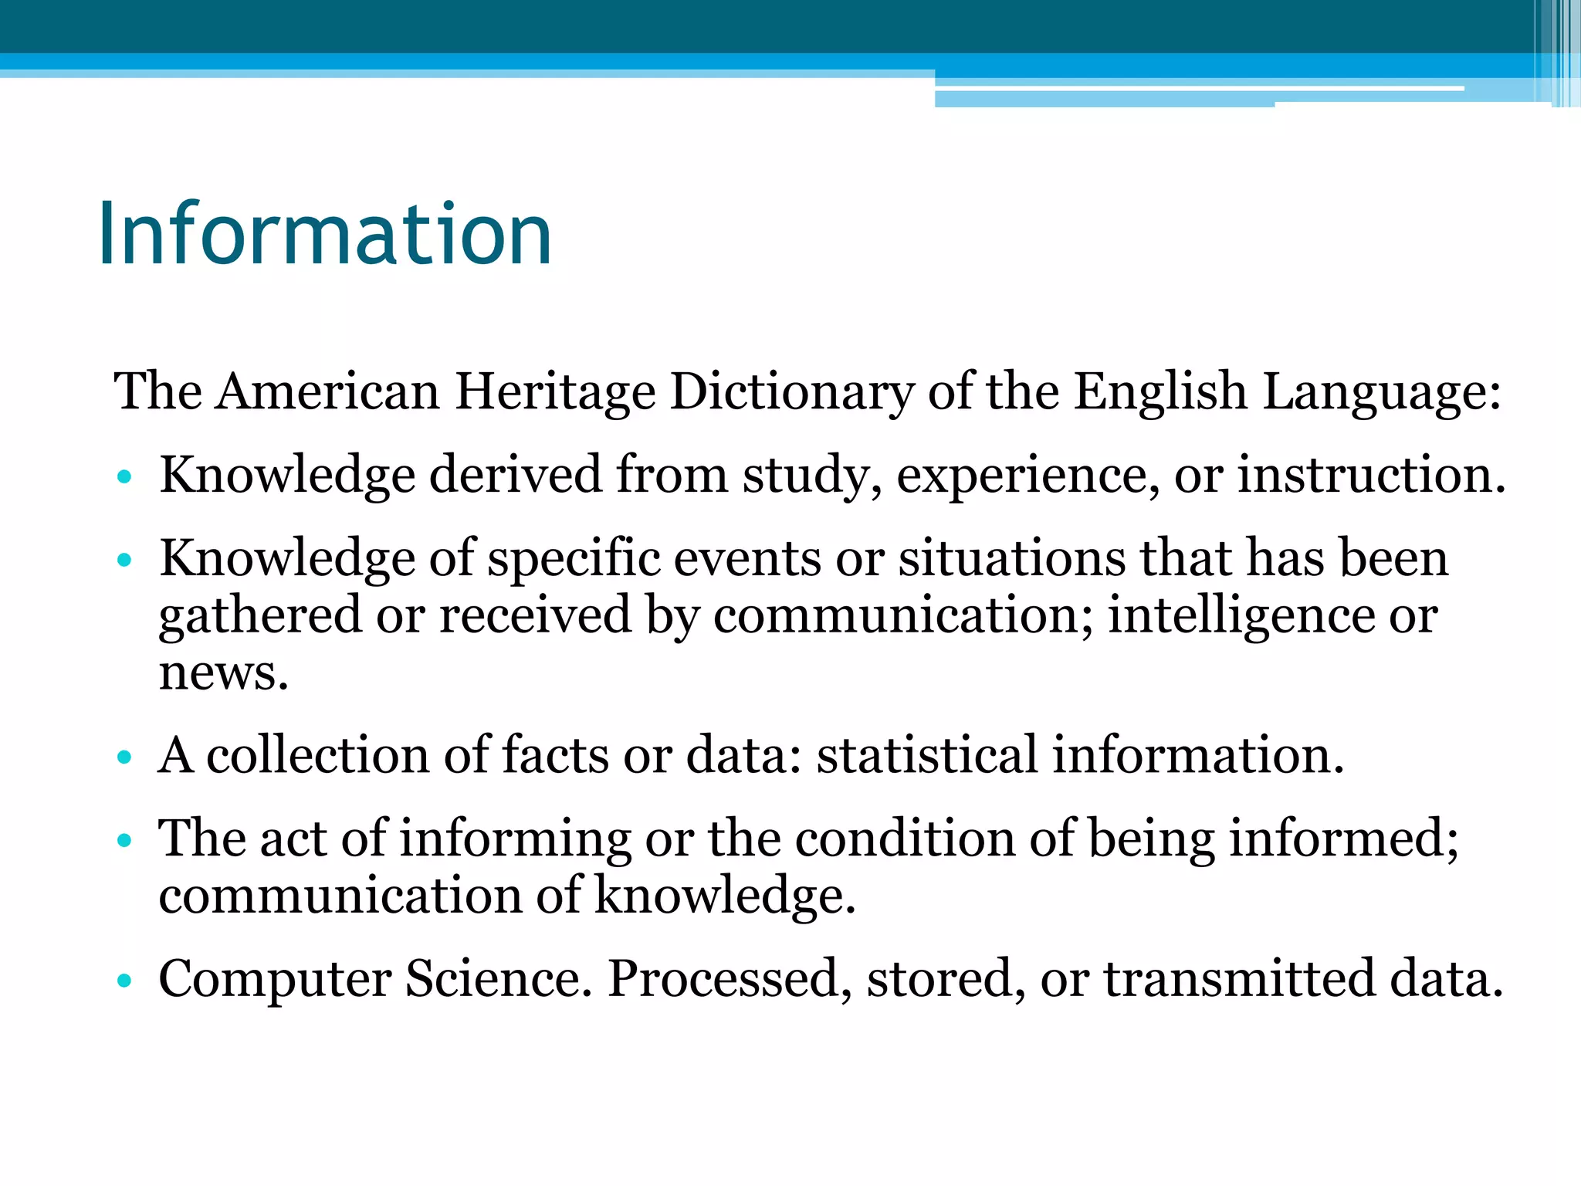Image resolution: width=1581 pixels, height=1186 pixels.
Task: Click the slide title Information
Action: tap(324, 234)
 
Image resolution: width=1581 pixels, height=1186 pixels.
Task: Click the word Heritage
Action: tap(555, 391)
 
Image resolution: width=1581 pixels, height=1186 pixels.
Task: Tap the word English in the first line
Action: tap(1160, 391)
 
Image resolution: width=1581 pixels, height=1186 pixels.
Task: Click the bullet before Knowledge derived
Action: tap(124, 476)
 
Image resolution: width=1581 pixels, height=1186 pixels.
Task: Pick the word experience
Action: tap(1027, 475)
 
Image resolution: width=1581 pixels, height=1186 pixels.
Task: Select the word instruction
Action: tap(1371, 475)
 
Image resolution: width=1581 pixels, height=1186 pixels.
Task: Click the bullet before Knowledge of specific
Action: tap(124, 560)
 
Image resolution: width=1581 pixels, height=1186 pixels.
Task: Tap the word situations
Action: tap(1012, 557)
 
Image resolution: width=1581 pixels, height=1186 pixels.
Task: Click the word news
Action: tap(223, 673)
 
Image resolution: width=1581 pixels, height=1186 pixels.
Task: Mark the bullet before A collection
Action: tap(124, 757)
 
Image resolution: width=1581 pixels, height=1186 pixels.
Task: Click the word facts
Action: tap(555, 754)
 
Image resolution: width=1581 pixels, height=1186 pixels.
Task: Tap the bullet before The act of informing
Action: tap(124, 840)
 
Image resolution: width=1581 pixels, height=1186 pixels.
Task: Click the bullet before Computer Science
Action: tap(124, 981)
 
